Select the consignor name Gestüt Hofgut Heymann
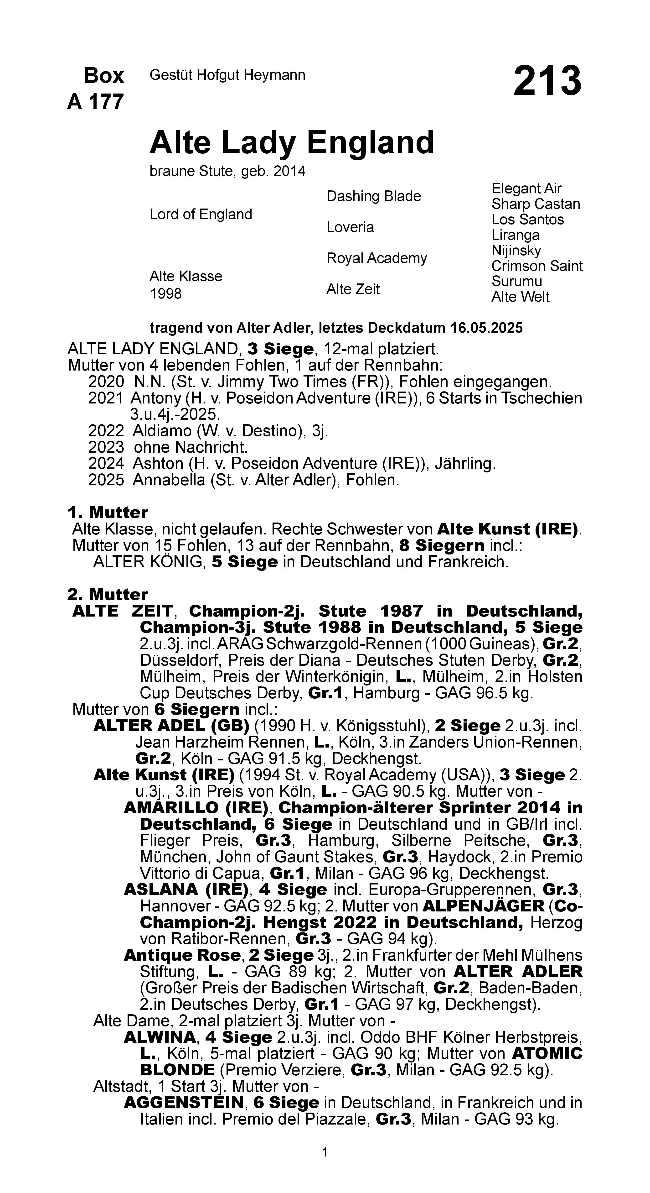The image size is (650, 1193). coord(227,75)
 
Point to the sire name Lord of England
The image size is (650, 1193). coord(201,215)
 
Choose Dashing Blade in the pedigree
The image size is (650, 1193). coord(374,196)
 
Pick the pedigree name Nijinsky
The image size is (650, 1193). coord(516,251)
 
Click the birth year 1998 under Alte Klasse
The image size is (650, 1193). coord(165,294)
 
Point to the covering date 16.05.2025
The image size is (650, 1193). coord(486,328)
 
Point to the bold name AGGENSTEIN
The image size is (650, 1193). coord(183,1103)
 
